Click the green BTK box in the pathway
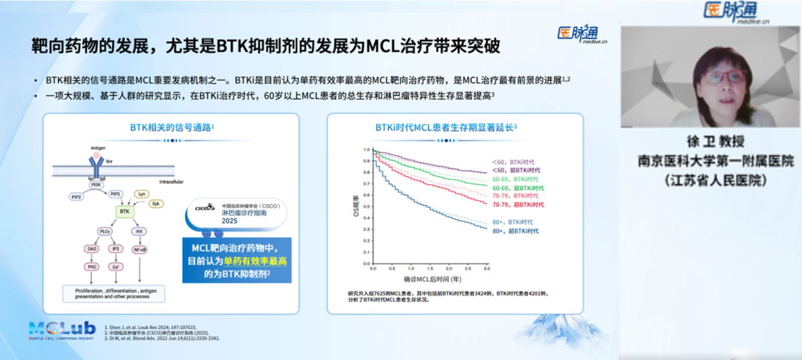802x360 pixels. (x=124, y=212)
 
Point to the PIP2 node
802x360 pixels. (x=76, y=197)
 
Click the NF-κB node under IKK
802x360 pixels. (x=140, y=249)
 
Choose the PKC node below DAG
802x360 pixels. (x=92, y=266)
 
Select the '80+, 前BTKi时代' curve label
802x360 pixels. (x=515, y=232)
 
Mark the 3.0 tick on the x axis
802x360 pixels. (x=487, y=268)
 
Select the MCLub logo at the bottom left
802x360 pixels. (x=62, y=330)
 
